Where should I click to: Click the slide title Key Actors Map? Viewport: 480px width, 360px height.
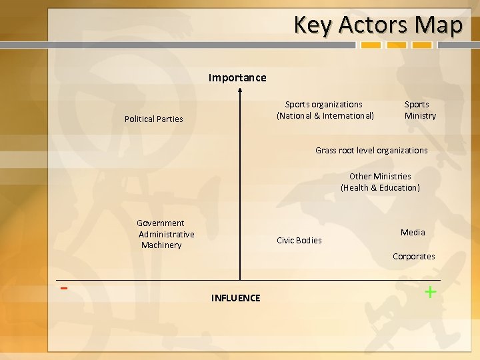click(x=377, y=25)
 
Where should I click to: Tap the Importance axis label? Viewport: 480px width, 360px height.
click(x=237, y=77)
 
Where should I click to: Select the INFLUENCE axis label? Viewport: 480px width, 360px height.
click(x=235, y=298)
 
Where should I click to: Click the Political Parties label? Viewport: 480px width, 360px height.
click(x=153, y=119)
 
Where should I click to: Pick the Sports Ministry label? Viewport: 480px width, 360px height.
click(x=420, y=110)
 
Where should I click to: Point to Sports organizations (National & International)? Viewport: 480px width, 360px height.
click(x=325, y=110)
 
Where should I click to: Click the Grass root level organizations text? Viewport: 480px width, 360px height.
click(x=371, y=151)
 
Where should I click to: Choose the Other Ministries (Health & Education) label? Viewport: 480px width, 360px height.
click(x=380, y=182)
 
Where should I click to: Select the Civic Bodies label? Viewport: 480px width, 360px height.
click(x=299, y=241)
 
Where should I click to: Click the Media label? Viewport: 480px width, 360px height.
click(x=413, y=233)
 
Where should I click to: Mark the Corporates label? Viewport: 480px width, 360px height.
click(x=413, y=257)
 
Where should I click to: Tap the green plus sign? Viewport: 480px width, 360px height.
click(x=431, y=291)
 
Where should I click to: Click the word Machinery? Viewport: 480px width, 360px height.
click(x=161, y=245)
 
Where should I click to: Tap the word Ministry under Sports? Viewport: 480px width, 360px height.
click(x=420, y=116)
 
